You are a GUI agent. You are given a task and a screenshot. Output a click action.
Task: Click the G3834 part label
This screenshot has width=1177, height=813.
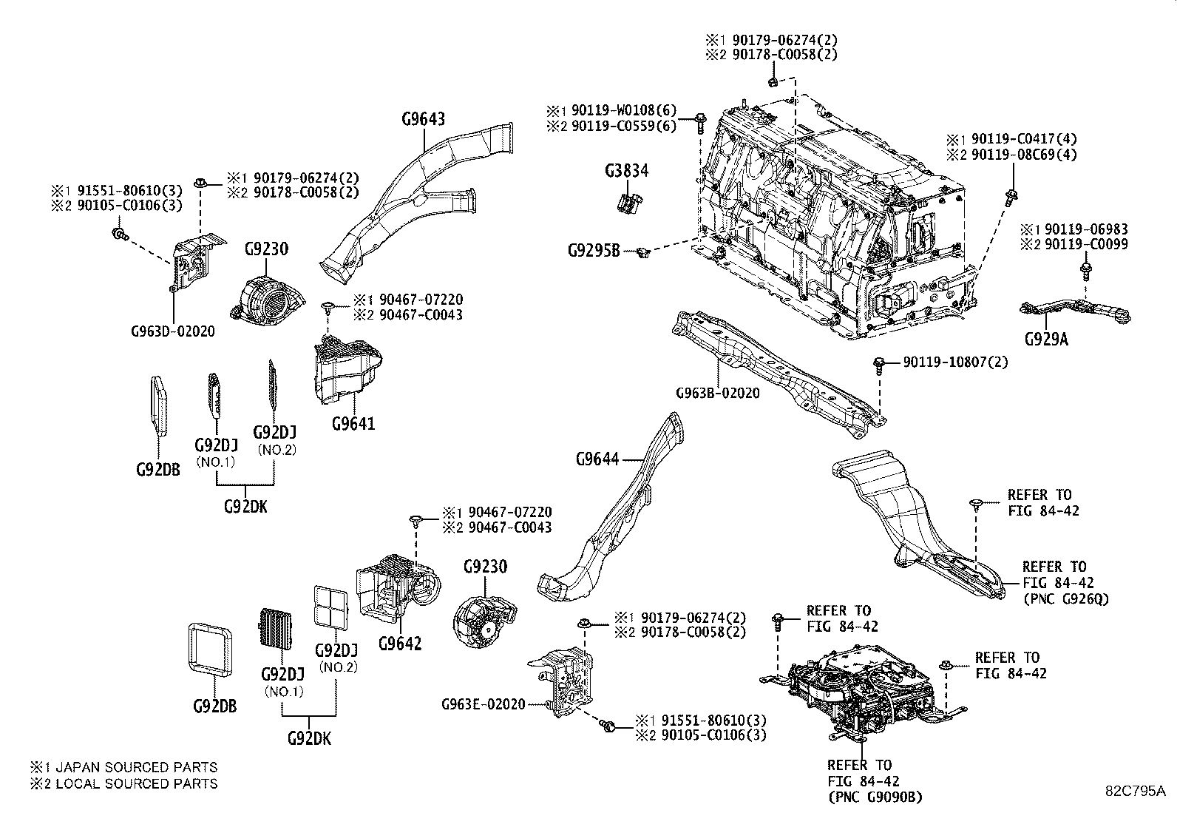(x=625, y=171)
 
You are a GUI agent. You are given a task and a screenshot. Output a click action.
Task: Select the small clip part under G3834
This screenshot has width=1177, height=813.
(x=629, y=202)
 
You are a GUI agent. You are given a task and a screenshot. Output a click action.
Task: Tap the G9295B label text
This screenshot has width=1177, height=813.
(x=594, y=251)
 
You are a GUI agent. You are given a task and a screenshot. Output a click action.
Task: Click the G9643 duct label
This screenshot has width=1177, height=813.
(x=424, y=118)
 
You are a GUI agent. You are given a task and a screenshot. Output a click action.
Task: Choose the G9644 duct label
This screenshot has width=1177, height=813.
(x=597, y=459)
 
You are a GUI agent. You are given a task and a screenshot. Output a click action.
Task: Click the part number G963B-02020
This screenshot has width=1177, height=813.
(x=717, y=394)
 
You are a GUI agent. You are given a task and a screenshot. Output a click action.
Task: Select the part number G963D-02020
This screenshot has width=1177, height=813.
(x=172, y=331)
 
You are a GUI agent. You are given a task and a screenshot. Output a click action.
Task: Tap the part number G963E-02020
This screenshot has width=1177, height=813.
(x=484, y=704)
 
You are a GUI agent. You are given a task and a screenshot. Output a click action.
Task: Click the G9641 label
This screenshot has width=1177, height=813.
(x=353, y=424)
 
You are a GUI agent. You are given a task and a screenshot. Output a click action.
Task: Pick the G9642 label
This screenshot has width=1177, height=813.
(x=399, y=643)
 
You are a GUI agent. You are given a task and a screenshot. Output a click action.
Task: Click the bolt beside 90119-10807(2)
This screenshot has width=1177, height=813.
(x=879, y=364)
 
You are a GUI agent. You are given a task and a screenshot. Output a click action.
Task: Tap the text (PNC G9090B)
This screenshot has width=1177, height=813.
(x=875, y=797)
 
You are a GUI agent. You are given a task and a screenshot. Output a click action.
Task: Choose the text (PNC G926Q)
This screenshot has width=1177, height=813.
(x=1066, y=598)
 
